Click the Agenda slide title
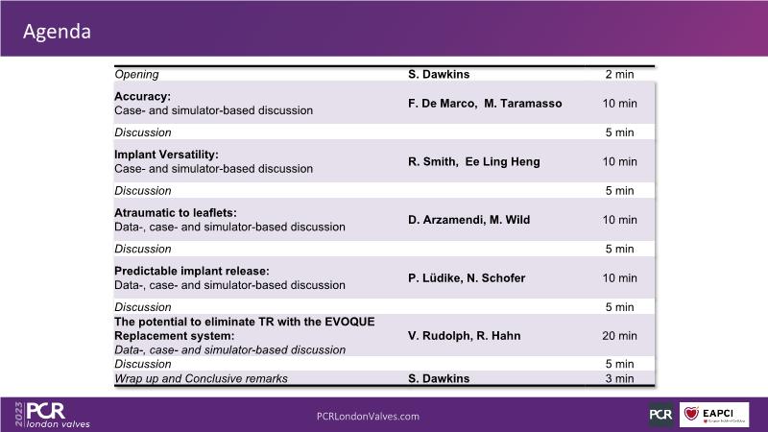[x=57, y=32]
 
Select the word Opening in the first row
[x=136, y=75]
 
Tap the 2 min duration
[x=619, y=75]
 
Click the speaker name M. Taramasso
[x=523, y=104]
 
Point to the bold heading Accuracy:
[x=142, y=97]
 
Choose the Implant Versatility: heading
[x=166, y=155]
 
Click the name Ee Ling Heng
[x=502, y=161]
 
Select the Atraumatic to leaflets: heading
[x=176, y=213]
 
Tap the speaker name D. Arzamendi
[x=446, y=220]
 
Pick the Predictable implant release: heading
[x=192, y=272]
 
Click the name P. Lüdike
[x=436, y=278]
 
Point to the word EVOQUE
[x=349, y=322]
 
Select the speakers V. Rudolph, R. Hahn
[x=465, y=336]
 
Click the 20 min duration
[x=619, y=336]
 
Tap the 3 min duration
[x=619, y=378]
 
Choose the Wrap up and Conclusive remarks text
[x=201, y=378]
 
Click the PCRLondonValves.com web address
[x=368, y=417]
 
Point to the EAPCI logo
[x=714, y=415]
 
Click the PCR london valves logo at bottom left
[x=58, y=415]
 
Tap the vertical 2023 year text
[x=19, y=414]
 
